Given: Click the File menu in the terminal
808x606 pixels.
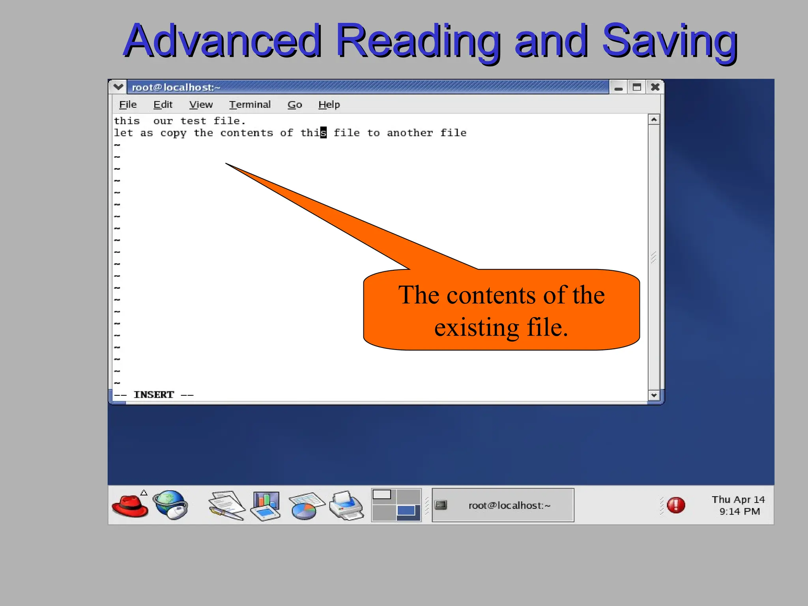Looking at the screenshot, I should click(128, 105).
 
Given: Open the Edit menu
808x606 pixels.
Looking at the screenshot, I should click(163, 105).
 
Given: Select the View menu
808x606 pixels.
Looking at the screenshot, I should click(201, 105).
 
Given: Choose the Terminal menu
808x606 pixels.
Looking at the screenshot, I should click(250, 105).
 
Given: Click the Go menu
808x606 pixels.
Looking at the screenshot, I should click(295, 105).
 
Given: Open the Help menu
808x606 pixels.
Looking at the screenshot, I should click(329, 105).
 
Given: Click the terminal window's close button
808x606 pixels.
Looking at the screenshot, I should click(655, 87).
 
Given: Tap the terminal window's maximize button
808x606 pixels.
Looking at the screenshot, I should click(636, 87).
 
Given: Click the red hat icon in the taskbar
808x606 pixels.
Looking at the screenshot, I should click(130, 505).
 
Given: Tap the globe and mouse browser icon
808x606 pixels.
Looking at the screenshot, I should click(171, 505).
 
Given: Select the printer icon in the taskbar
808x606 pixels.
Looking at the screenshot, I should click(346, 505).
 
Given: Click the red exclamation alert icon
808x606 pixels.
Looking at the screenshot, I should click(676, 505).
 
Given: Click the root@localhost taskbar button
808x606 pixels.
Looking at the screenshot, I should click(503, 505).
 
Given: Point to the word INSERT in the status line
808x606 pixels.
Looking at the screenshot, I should click(154, 395).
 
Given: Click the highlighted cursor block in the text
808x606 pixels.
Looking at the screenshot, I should click(324, 133).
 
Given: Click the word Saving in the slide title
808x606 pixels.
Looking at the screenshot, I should click(670, 41).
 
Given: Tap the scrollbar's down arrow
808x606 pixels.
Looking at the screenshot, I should click(654, 395).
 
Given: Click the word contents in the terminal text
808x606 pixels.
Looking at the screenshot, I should click(247, 133).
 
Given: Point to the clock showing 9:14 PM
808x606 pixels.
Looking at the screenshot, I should click(739, 511).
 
